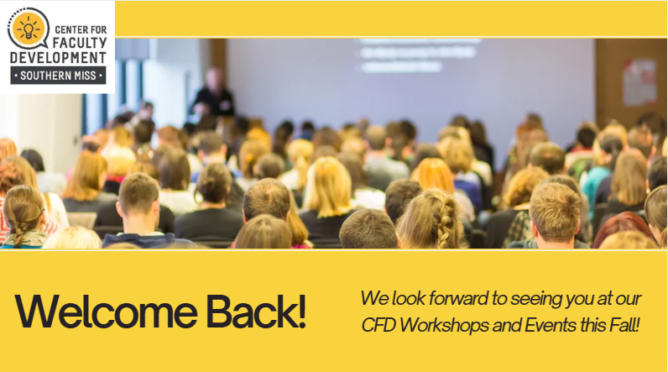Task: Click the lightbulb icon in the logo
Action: click(29, 29)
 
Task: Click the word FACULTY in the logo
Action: click(80, 43)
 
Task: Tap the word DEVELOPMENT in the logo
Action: click(58, 58)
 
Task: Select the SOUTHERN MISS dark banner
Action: click(58, 76)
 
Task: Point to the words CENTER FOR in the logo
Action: click(81, 30)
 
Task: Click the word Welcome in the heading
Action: click(106, 312)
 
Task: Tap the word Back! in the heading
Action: click(257, 312)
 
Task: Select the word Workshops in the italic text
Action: click(444, 326)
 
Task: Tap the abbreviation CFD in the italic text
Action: click(378, 326)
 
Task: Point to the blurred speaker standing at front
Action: click(213, 93)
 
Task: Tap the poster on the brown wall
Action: click(639, 81)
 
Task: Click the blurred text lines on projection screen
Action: click(420, 55)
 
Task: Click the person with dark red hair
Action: click(623, 229)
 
